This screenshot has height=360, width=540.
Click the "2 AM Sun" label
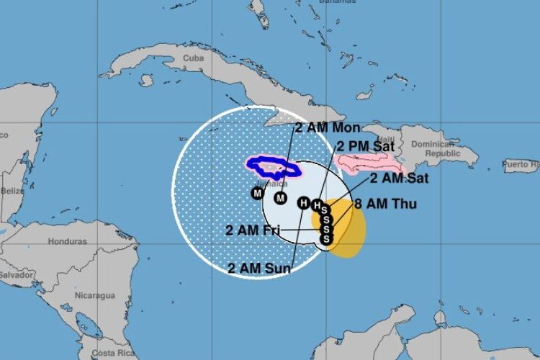pyautogui.click(x=258, y=269)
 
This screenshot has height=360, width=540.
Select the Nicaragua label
pyautogui.click(x=95, y=295)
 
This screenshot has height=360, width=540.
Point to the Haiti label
pyautogui.click(x=386, y=140)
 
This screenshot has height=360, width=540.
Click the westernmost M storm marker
pyautogui.click(x=257, y=192)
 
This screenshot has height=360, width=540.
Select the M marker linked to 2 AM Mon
pyautogui.click(x=281, y=198)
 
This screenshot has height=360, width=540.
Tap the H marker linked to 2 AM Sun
pyautogui.click(x=303, y=203)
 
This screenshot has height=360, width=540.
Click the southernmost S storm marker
pyautogui.click(x=325, y=238)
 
